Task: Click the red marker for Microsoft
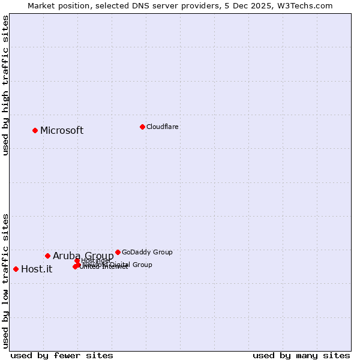click(x=35, y=130)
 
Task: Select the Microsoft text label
click(x=62, y=131)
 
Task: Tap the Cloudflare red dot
click(x=142, y=127)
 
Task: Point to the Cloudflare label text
click(x=163, y=127)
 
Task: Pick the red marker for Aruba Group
click(x=47, y=256)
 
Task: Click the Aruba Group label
click(x=83, y=256)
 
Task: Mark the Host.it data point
click(x=16, y=269)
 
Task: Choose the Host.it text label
click(x=37, y=269)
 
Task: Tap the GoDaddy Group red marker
click(x=118, y=252)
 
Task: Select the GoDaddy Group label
click(x=147, y=252)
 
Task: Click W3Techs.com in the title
click(x=306, y=5)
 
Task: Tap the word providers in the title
click(x=202, y=5)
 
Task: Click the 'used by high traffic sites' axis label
click(x=5, y=85)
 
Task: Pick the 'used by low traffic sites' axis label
click(x=5, y=280)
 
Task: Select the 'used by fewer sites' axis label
click(x=62, y=355)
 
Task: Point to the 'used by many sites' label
click(x=301, y=355)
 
